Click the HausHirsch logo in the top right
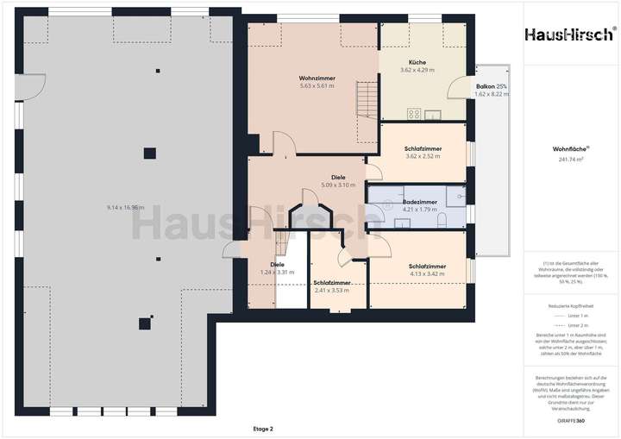click(571, 34)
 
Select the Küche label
click(417, 63)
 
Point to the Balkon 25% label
click(492, 87)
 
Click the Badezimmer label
click(420, 202)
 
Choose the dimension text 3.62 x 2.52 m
click(423, 156)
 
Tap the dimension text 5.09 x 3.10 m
click(338, 185)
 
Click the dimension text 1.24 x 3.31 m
click(278, 273)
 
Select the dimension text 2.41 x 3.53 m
click(332, 291)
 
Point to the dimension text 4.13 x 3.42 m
click(427, 274)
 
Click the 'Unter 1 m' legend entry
click(574, 317)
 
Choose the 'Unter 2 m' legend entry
click(574, 325)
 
